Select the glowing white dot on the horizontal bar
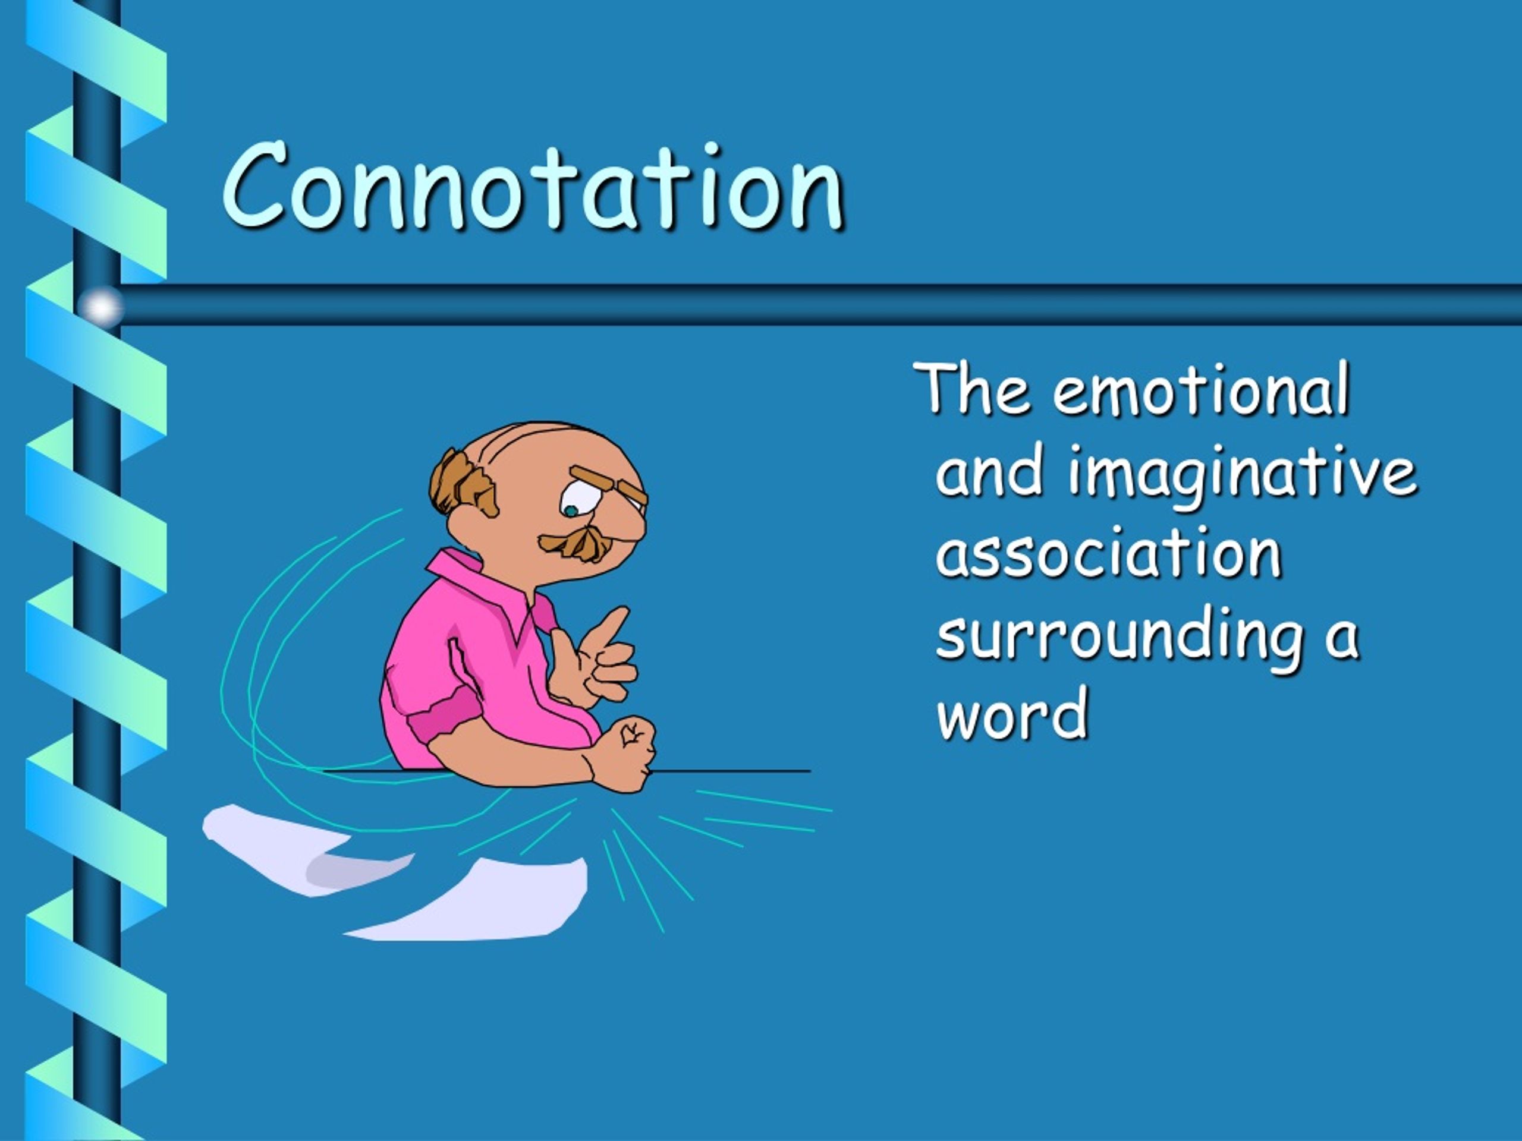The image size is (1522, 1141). tap(102, 306)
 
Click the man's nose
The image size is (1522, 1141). tap(630, 523)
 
